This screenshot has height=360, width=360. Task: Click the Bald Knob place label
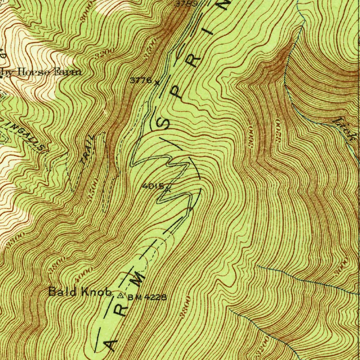point(80,292)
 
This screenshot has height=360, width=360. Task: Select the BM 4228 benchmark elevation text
point(147,297)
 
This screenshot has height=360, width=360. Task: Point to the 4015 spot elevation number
point(153,186)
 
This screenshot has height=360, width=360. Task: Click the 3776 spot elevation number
point(141,81)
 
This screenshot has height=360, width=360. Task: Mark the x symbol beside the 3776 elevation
point(157,83)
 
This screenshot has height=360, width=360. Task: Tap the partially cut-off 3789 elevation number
point(185,4)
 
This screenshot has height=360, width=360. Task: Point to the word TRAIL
point(88,150)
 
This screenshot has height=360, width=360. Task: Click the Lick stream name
point(346,129)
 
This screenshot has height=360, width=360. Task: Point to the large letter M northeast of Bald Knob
point(140,278)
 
